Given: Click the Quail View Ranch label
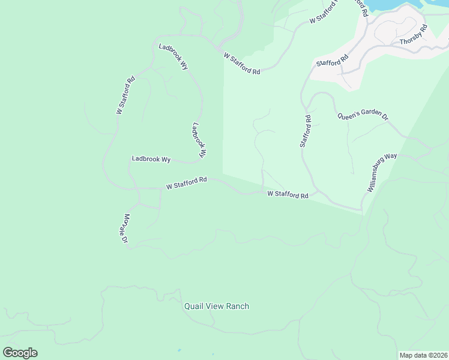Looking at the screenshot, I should click(x=216, y=306).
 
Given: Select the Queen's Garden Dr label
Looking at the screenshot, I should click(x=363, y=116).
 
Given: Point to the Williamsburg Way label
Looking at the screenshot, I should click(x=382, y=173).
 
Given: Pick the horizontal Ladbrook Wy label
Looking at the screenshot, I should click(x=151, y=159).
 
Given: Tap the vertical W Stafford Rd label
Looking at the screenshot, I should click(x=125, y=95).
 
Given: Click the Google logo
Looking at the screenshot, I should click(x=20, y=353).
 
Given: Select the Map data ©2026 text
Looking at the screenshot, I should click(x=423, y=355).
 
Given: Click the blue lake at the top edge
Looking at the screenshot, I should click(x=384, y=4).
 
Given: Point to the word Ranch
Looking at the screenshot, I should click(x=237, y=306).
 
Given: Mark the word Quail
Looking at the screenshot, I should click(x=194, y=306).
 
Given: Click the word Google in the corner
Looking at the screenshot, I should click(x=20, y=353).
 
